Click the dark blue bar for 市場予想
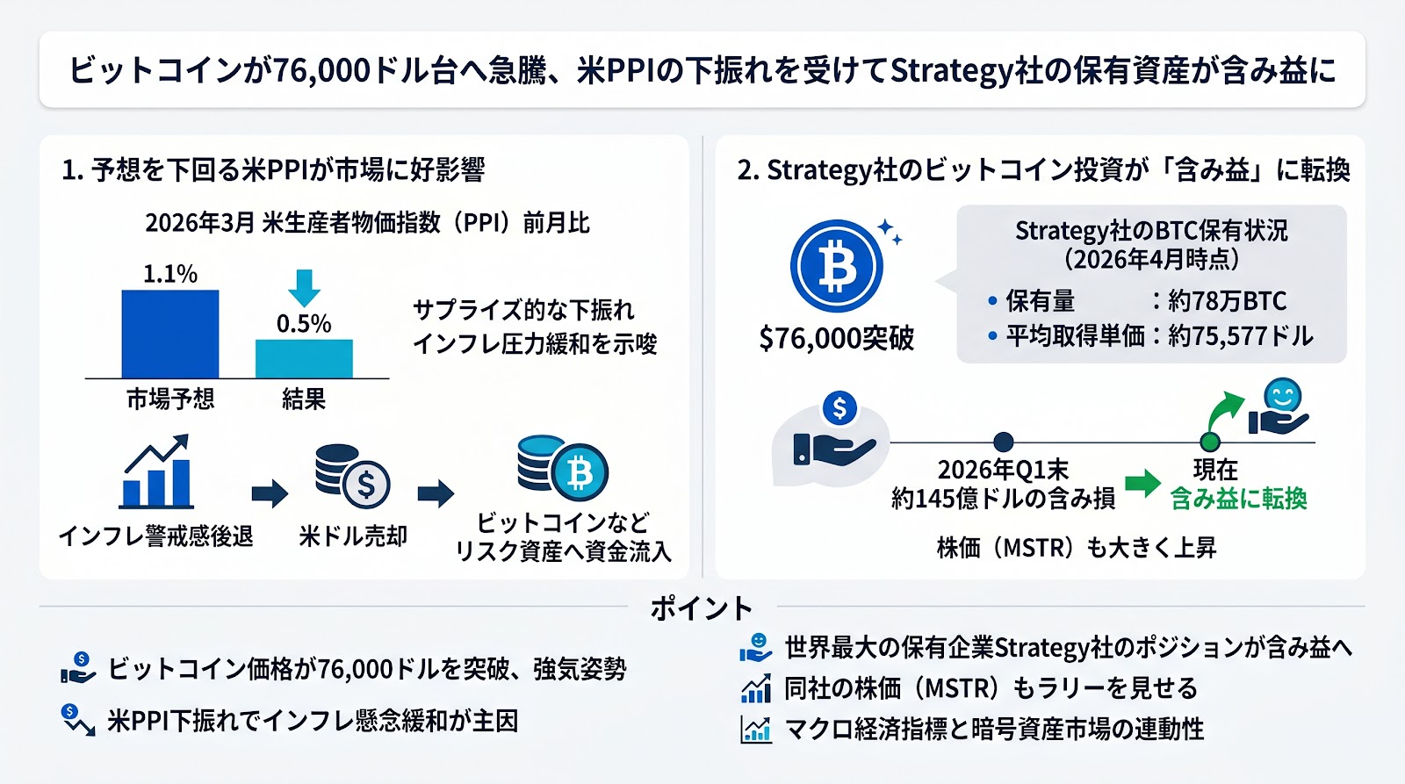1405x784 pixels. point(169,334)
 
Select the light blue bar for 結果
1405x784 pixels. point(304,358)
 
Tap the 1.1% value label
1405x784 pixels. point(169,274)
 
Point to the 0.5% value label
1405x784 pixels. point(304,324)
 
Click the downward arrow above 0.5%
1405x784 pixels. point(304,287)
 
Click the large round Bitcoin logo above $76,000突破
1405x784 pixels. point(836,266)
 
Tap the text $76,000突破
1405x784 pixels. point(836,338)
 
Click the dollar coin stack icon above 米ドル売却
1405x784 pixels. point(352,477)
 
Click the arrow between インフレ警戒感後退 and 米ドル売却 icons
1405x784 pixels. point(270,493)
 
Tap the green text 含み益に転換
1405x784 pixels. point(1238,499)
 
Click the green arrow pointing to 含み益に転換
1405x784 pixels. point(1142,482)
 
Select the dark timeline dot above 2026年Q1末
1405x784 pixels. point(1003,442)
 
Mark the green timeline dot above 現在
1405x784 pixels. point(1210,442)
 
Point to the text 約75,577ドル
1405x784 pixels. point(1241,336)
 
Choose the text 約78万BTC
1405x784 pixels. point(1227,301)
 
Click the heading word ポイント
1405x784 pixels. point(701,608)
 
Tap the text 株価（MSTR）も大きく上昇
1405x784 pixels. point(1077,548)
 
